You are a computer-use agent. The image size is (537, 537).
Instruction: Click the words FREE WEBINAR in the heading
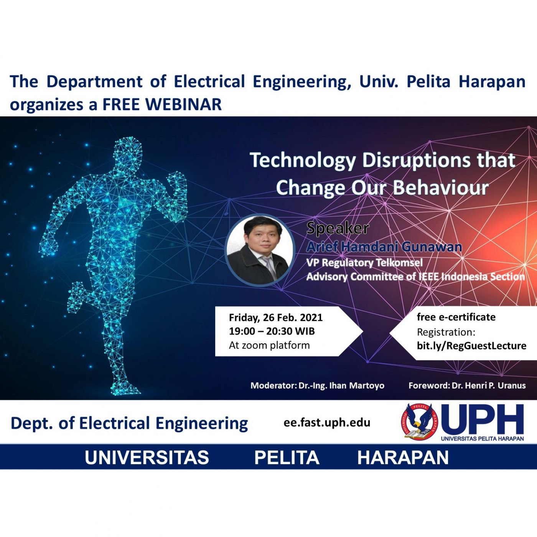tap(162, 104)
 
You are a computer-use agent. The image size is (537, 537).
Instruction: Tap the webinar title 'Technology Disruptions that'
tap(382, 160)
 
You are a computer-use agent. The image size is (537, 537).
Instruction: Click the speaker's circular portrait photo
tap(260, 250)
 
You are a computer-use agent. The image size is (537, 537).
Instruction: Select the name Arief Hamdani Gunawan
tap(384, 247)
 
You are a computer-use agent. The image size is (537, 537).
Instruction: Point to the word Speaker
tap(338, 228)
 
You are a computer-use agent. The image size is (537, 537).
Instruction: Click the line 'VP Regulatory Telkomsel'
tap(364, 262)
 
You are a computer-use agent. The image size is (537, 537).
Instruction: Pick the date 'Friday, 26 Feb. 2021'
tap(276, 318)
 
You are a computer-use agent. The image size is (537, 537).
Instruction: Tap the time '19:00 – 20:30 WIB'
tap(272, 331)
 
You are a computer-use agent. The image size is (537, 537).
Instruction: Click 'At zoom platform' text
tap(269, 345)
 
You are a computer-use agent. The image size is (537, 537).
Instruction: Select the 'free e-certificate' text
tap(456, 317)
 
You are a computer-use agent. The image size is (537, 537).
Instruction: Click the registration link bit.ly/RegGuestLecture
tap(471, 346)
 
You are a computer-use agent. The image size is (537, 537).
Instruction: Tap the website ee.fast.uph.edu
tap(327, 422)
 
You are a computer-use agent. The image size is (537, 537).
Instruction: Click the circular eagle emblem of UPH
tap(419, 423)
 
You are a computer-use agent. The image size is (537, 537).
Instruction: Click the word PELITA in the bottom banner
tap(287, 458)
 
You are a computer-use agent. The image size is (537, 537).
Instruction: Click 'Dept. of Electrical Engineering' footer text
tap(129, 423)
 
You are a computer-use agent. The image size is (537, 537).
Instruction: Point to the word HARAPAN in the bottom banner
tap(403, 458)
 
